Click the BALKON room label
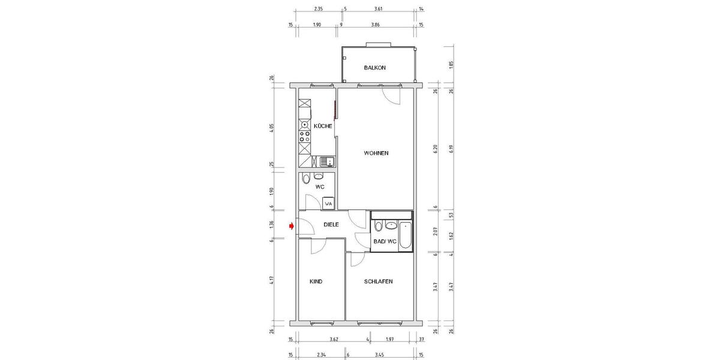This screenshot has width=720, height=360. coord(374,68)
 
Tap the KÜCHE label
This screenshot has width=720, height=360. coord(323,126)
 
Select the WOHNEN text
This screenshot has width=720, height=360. coord(376,153)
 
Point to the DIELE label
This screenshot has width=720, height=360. coord(331,225)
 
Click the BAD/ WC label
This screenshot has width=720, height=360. coord(385,242)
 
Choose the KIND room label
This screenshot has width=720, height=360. coord(316,281)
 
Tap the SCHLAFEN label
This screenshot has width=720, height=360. coord(378,281)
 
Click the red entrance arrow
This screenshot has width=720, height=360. coord(292,226)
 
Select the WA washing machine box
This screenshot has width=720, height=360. coord(328,203)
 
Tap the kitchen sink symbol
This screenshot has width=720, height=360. coord(326,161)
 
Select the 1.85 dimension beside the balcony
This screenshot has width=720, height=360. coord(451,65)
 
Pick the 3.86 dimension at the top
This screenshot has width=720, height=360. coord(376,25)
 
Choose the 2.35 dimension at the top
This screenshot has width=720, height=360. coord(319,9)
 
